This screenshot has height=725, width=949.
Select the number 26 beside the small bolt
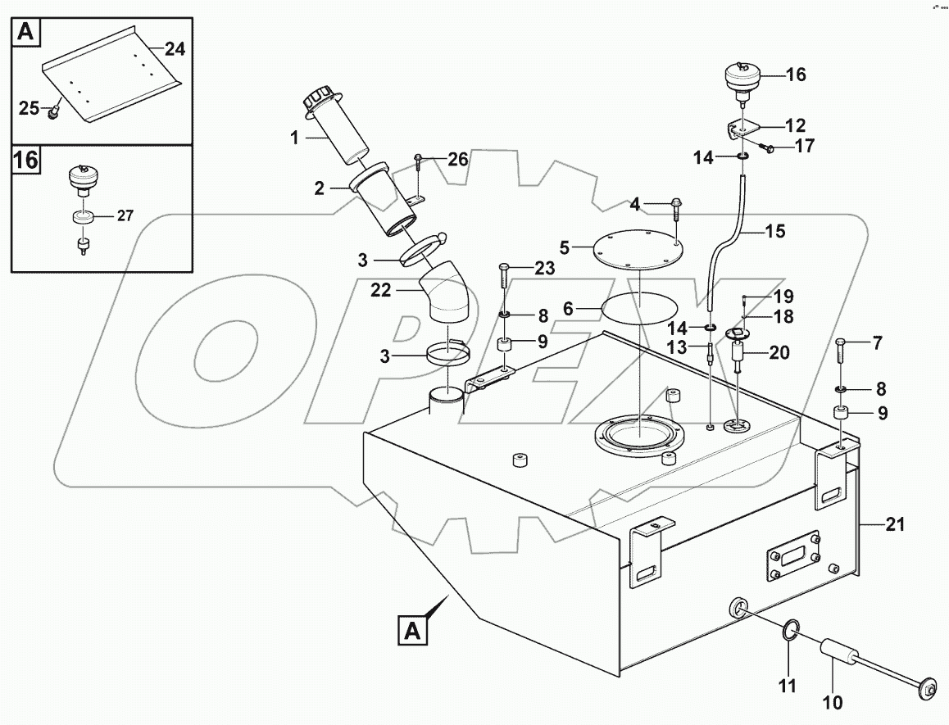coord(457,160)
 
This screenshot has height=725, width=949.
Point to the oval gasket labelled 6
coord(641,309)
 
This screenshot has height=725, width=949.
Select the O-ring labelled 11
coord(789,632)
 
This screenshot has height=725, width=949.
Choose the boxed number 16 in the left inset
coord(26,160)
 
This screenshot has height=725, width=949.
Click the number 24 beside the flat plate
coord(174,49)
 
